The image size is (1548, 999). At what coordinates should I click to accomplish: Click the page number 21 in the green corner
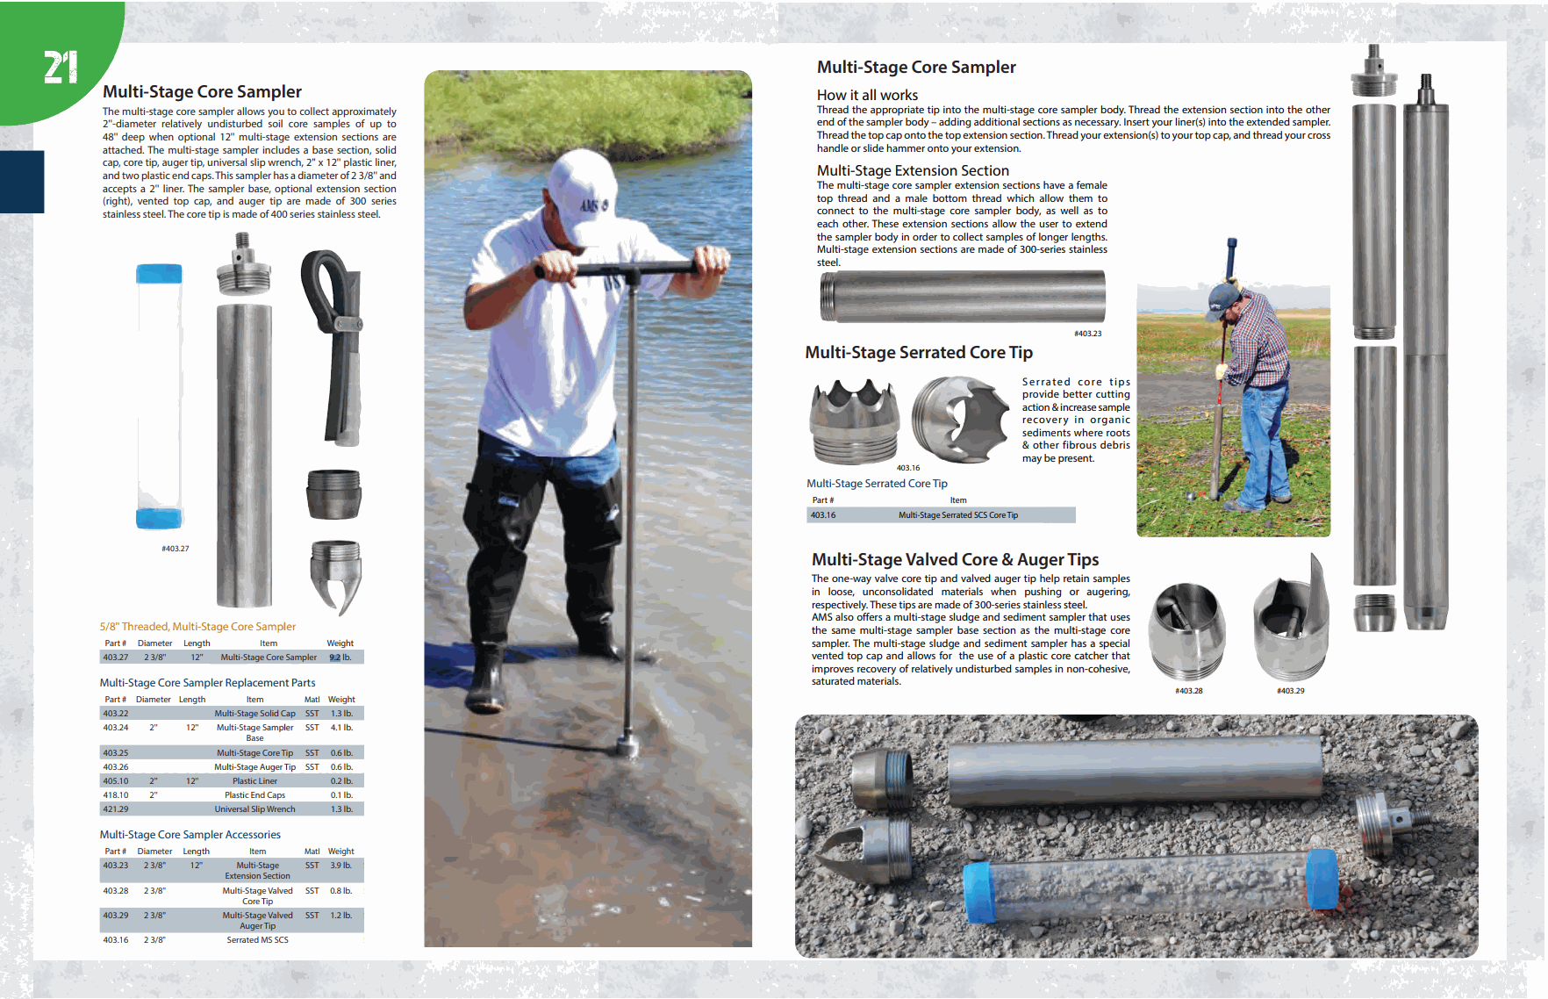coord(61,68)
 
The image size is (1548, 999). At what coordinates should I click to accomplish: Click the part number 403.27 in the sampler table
coord(115,658)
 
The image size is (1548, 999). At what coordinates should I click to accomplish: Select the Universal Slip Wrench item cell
coord(254,809)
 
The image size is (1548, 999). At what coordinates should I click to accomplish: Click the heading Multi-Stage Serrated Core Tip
coord(918,353)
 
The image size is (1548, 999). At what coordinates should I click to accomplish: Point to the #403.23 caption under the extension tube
coord(1087,334)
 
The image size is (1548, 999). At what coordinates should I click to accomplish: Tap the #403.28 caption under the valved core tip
coord(1188,691)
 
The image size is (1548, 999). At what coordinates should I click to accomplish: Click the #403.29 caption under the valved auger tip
coord(1290,691)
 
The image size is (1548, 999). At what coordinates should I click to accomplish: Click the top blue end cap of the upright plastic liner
coord(159,274)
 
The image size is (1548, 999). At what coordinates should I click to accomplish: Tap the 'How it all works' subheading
coord(867,95)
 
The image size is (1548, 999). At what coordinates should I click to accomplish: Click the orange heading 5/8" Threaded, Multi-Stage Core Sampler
coord(197,627)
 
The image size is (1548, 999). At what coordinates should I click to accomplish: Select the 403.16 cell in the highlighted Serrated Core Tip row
coord(823,515)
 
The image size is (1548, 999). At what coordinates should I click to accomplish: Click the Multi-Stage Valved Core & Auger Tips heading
coord(955,560)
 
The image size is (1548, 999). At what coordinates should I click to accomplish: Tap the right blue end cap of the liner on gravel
coord(1322,879)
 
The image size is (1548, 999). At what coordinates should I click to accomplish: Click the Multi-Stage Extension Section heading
coord(913,170)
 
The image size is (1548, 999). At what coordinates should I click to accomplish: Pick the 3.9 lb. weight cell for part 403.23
coord(340,866)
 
